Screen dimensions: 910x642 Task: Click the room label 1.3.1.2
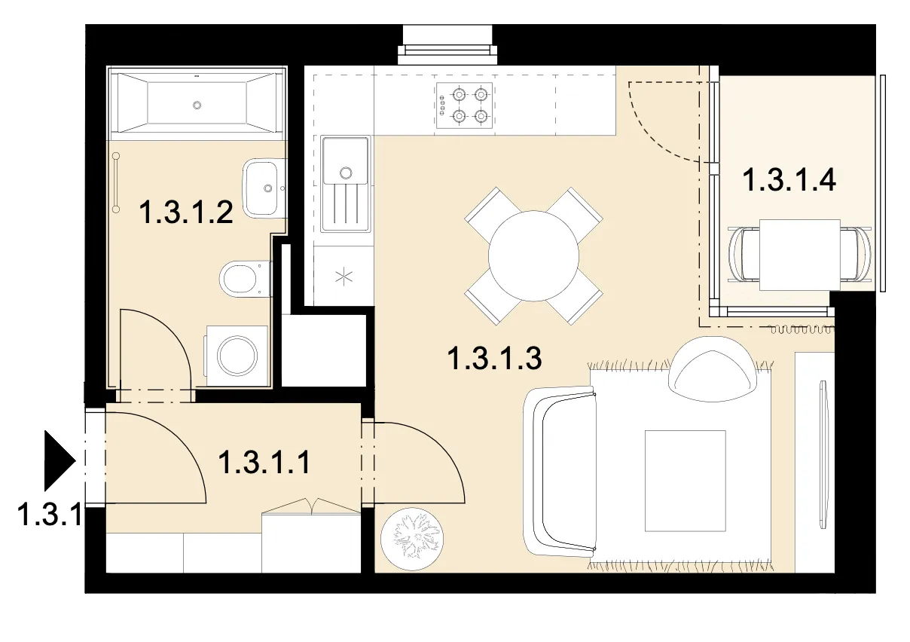pyautogui.click(x=186, y=212)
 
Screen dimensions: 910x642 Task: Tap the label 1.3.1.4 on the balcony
pyautogui.click(x=789, y=179)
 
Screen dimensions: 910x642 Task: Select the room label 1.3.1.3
pyautogui.click(x=494, y=358)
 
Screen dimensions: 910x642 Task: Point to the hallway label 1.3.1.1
pyautogui.click(x=264, y=462)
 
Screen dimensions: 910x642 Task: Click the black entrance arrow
pyautogui.click(x=60, y=460)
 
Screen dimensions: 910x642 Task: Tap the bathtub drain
pyautogui.click(x=197, y=105)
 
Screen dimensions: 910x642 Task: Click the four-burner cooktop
pyautogui.click(x=464, y=105)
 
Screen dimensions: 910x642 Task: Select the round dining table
pyautogui.click(x=533, y=256)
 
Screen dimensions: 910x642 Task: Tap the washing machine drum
pyautogui.click(x=237, y=356)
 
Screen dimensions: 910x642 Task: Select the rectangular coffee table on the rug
pyautogui.click(x=686, y=481)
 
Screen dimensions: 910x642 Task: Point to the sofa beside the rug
pyautogui.click(x=560, y=472)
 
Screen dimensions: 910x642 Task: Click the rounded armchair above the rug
pyautogui.click(x=713, y=369)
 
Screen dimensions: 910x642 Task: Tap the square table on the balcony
pyautogui.click(x=799, y=255)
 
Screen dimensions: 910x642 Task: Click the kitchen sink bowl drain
pyautogui.click(x=346, y=173)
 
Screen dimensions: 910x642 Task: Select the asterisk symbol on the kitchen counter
pyautogui.click(x=344, y=277)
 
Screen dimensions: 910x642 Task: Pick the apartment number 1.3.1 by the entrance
pyautogui.click(x=50, y=514)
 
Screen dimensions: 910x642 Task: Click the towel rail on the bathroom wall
pyautogui.click(x=116, y=182)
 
